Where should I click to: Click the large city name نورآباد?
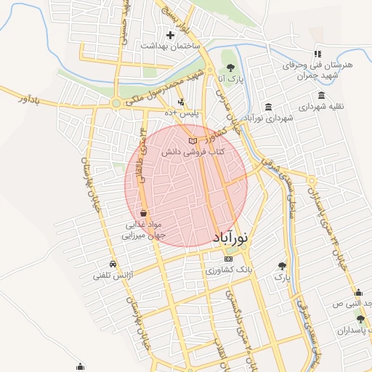click(231, 237)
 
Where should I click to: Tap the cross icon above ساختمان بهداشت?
click(171, 34)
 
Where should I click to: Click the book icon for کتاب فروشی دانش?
click(192, 140)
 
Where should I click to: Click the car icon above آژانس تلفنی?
click(113, 264)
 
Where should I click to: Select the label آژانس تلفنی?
click(110, 276)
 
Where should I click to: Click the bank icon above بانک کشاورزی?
click(229, 259)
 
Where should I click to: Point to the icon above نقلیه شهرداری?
click(321, 95)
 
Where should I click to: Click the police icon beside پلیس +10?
click(180, 102)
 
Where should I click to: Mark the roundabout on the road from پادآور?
click(116, 104)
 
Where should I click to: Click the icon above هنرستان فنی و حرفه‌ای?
click(317, 54)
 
